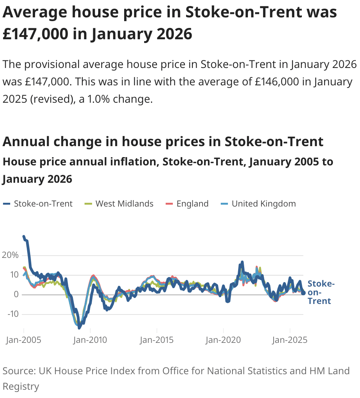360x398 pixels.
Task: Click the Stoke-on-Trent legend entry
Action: click(x=38, y=204)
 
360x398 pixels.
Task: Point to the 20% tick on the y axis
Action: click(x=10, y=255)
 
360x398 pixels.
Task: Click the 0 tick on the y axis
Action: click(x=16, y=295)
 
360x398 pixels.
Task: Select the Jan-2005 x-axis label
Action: click(x=23, y=340)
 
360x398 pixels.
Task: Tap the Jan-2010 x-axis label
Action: click(x=90, y=340)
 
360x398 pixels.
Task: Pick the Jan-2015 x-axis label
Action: click(x=157, y=340)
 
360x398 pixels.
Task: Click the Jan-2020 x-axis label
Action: click(x=223, y=340)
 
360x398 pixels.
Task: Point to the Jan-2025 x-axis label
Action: click(x=290, y=340)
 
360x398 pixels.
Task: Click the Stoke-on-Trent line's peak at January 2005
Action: click(x=24, y=237)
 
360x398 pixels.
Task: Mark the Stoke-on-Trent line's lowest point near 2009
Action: click(x=79, y=327)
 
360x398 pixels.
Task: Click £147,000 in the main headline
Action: click(x=36, y=34)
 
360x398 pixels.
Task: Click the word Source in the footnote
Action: click(x=18, y=371)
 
